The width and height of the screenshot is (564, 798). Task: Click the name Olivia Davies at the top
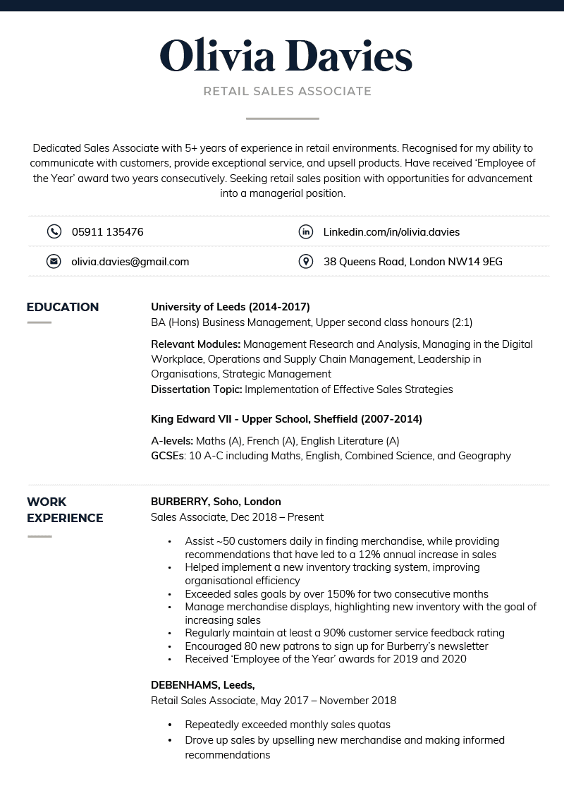[286, 56]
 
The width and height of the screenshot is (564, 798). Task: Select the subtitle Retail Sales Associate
[287, 91]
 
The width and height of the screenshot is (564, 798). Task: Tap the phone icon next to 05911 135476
[54, 231]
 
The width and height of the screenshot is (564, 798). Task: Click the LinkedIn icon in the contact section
[305, 231]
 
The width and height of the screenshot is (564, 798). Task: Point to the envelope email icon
[54, 262]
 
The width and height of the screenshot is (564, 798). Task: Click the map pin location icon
[305, 262]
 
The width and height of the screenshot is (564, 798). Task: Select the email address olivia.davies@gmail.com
[130, 262]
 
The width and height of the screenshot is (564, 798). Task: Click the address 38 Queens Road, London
[412, 262]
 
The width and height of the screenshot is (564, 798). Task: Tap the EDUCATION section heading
[63, 307]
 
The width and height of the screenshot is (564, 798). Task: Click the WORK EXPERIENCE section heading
[65, 509]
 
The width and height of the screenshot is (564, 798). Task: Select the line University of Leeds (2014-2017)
[231, 307]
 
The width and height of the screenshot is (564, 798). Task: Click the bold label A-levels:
[172, 441]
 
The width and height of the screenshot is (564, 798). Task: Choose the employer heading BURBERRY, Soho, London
[216, 502]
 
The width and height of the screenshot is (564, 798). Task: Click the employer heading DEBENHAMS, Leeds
[203, 685]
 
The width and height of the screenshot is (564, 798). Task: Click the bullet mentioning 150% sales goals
[336, 594]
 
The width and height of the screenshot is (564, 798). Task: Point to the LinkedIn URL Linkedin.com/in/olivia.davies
[391, 231]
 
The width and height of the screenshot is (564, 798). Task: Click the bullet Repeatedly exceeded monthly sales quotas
[287, 725]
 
